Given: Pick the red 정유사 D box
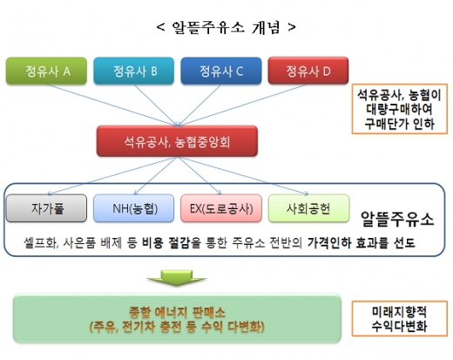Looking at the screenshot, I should point(306,70).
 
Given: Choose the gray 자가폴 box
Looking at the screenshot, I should point(47,209).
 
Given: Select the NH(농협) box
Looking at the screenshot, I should point(130,209).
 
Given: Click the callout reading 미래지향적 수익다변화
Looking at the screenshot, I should point(402,319).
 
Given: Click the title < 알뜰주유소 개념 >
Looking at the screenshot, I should point(226,26).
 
